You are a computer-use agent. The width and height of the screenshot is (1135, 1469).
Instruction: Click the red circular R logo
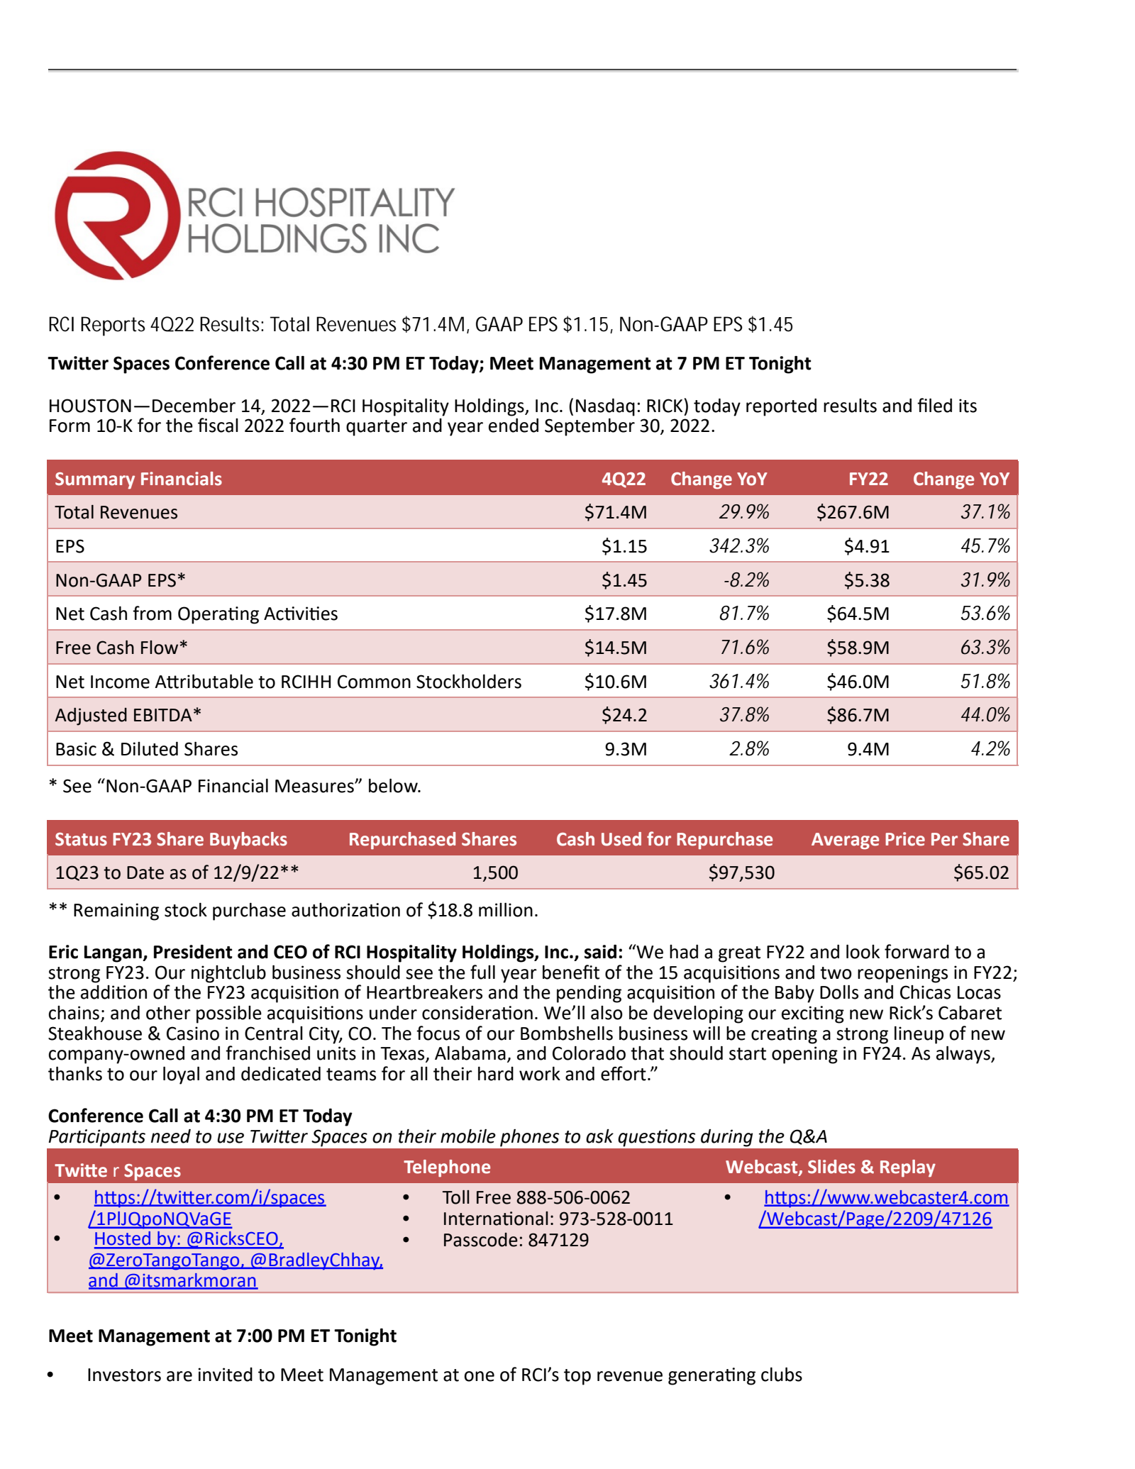(117, 215)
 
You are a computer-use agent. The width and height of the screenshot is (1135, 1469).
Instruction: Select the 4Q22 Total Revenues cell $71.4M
(615, 512)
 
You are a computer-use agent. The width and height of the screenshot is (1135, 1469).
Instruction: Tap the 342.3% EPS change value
(739, 546)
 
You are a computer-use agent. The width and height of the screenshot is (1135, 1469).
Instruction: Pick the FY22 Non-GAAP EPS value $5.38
(866, 580)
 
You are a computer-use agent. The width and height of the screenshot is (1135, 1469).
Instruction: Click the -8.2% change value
(746, 580)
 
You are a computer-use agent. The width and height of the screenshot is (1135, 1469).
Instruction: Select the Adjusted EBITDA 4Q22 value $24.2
(624, 715)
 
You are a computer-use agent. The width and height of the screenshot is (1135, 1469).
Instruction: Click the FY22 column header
(868, 479)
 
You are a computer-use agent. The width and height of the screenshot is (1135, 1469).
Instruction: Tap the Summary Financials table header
(138, 479)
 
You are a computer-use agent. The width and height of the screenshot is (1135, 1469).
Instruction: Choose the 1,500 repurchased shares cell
(495, 872)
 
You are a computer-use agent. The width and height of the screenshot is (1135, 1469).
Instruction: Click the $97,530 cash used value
(741, 872)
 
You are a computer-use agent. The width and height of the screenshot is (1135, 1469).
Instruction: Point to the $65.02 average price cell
(980, 872)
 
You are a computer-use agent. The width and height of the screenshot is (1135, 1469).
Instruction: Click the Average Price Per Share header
(909, 839)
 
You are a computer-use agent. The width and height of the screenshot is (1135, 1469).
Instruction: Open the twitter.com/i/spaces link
(209, 1197)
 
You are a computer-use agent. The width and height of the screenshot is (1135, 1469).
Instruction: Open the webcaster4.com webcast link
(885, 1197)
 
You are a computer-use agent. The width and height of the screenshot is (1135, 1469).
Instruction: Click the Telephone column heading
(447, 1167)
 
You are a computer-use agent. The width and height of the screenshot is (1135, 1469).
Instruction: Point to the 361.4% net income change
(739, 682)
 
